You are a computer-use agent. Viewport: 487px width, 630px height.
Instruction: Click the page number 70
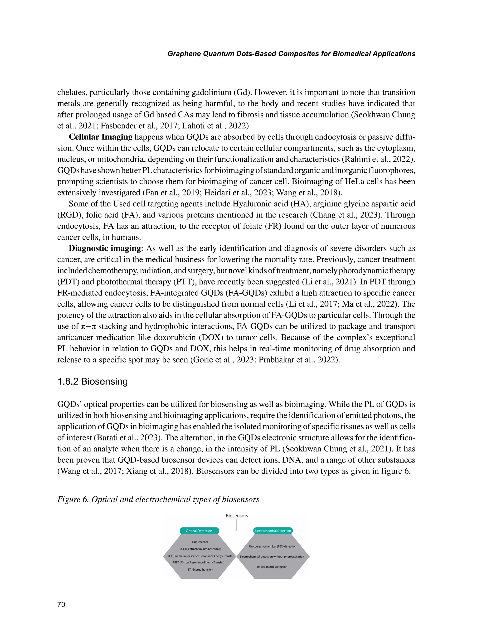(61, 605)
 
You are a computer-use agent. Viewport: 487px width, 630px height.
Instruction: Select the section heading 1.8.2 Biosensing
(92, 381)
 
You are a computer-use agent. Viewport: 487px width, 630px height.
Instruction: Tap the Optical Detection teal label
(199, 531)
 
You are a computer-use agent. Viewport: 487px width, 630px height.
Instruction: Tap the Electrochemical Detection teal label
(273, 531)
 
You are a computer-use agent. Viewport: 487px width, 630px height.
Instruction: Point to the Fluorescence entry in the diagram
(200, 542)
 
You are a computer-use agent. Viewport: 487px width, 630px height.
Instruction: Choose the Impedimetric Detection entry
(272, 567)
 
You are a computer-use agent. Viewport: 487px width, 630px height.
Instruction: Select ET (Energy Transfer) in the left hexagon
(200, 569)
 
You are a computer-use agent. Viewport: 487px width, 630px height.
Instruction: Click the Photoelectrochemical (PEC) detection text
(272, 546)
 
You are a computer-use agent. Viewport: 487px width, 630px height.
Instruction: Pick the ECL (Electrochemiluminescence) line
(200, 549)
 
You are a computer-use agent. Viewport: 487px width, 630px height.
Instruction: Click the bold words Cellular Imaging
(100, 137)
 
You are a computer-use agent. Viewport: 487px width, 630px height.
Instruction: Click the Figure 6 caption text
(158, 499)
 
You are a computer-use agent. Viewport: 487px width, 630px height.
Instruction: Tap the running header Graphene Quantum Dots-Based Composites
(291, 54)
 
